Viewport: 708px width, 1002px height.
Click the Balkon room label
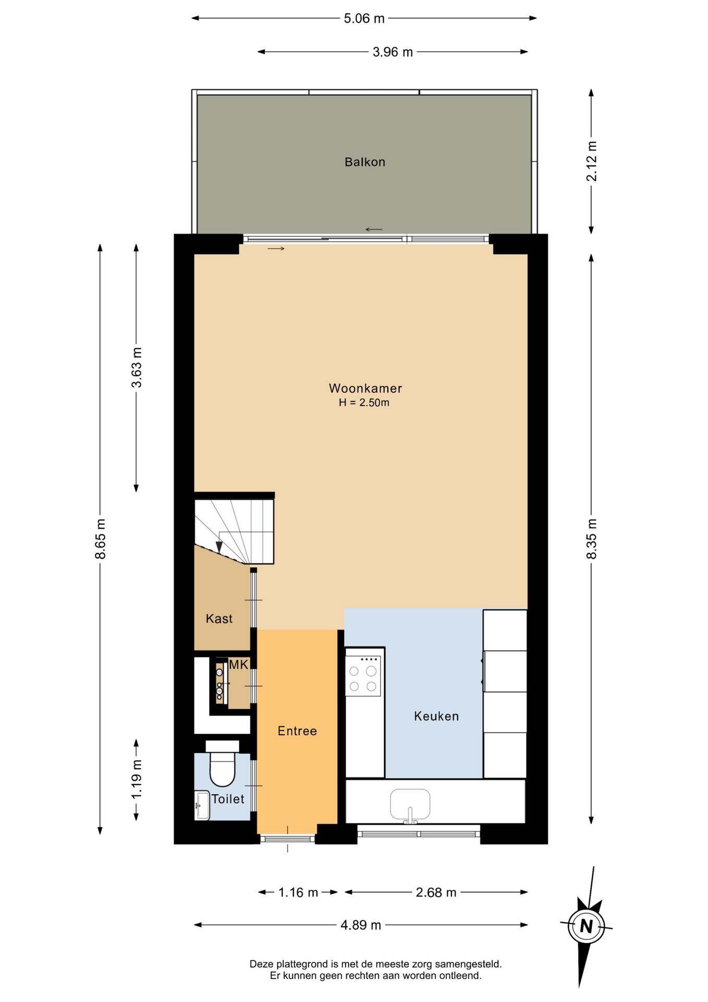(x=364, y=162)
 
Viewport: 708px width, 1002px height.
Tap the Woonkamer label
(x=365, y=388)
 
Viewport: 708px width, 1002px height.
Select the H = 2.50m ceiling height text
(x=364, y=402)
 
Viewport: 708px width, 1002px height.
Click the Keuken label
(x=436, y=716)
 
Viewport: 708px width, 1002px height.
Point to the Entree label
(x=297, y=731)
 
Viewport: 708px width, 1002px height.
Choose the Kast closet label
(x=219, y=618)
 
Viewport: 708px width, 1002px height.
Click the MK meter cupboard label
(x=239, y=664)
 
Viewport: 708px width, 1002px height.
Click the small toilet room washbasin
(x=202, y=805)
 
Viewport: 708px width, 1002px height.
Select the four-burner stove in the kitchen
(x=363, y=676)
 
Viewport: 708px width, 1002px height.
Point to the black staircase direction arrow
(x=219, y=546)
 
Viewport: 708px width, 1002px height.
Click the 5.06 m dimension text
(x=364, y=18)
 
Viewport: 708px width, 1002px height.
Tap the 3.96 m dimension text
(x=393, y=52)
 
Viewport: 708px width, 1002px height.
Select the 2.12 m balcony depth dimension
(x=591, y=161)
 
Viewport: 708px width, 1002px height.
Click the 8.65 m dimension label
(x=100, y=539)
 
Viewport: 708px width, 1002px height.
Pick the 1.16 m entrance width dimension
(x=298, y=892)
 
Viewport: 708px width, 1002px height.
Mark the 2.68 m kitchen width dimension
(x=436, y=892)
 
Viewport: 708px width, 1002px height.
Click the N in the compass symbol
(x=587, y=926)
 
